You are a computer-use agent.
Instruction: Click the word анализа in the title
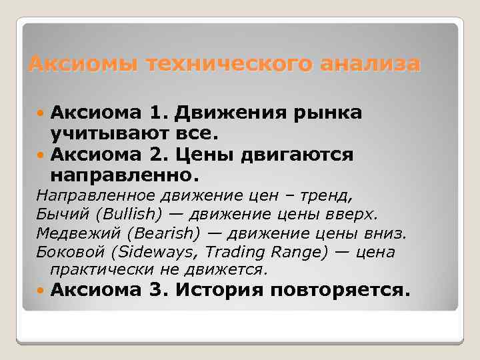[x=370, y=64]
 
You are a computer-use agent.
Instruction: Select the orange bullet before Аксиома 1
[x=41, y=113]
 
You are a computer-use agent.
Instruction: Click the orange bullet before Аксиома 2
[x=41, y=155]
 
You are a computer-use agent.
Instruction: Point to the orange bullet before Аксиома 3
[x=41, y=290]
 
